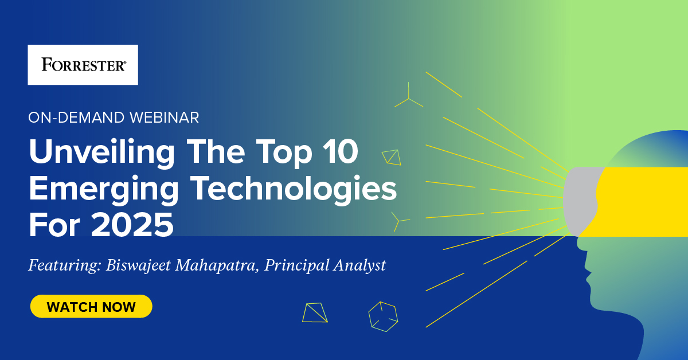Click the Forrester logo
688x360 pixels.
pos(83,65)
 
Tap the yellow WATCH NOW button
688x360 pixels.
pos(91,307)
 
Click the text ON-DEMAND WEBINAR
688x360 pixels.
pos(114,118)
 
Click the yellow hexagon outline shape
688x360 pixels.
pos(382,316)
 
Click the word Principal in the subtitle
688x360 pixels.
pos(294,266)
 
